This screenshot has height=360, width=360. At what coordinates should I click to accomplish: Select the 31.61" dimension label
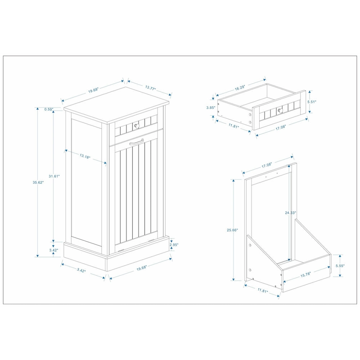click(54, 176)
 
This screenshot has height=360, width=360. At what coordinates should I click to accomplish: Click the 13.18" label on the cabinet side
click(85, 157)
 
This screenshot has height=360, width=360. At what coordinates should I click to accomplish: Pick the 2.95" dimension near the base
click(175, 245)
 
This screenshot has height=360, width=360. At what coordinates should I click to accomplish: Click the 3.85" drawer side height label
click(210, 108)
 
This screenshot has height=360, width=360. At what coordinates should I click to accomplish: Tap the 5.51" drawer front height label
click(312, 102)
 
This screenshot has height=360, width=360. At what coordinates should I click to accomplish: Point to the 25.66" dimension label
click(232, 229)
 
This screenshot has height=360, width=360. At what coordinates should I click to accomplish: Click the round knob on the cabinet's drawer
click(135, 124)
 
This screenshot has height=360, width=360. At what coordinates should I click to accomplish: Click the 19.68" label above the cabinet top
click(93, 90)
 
